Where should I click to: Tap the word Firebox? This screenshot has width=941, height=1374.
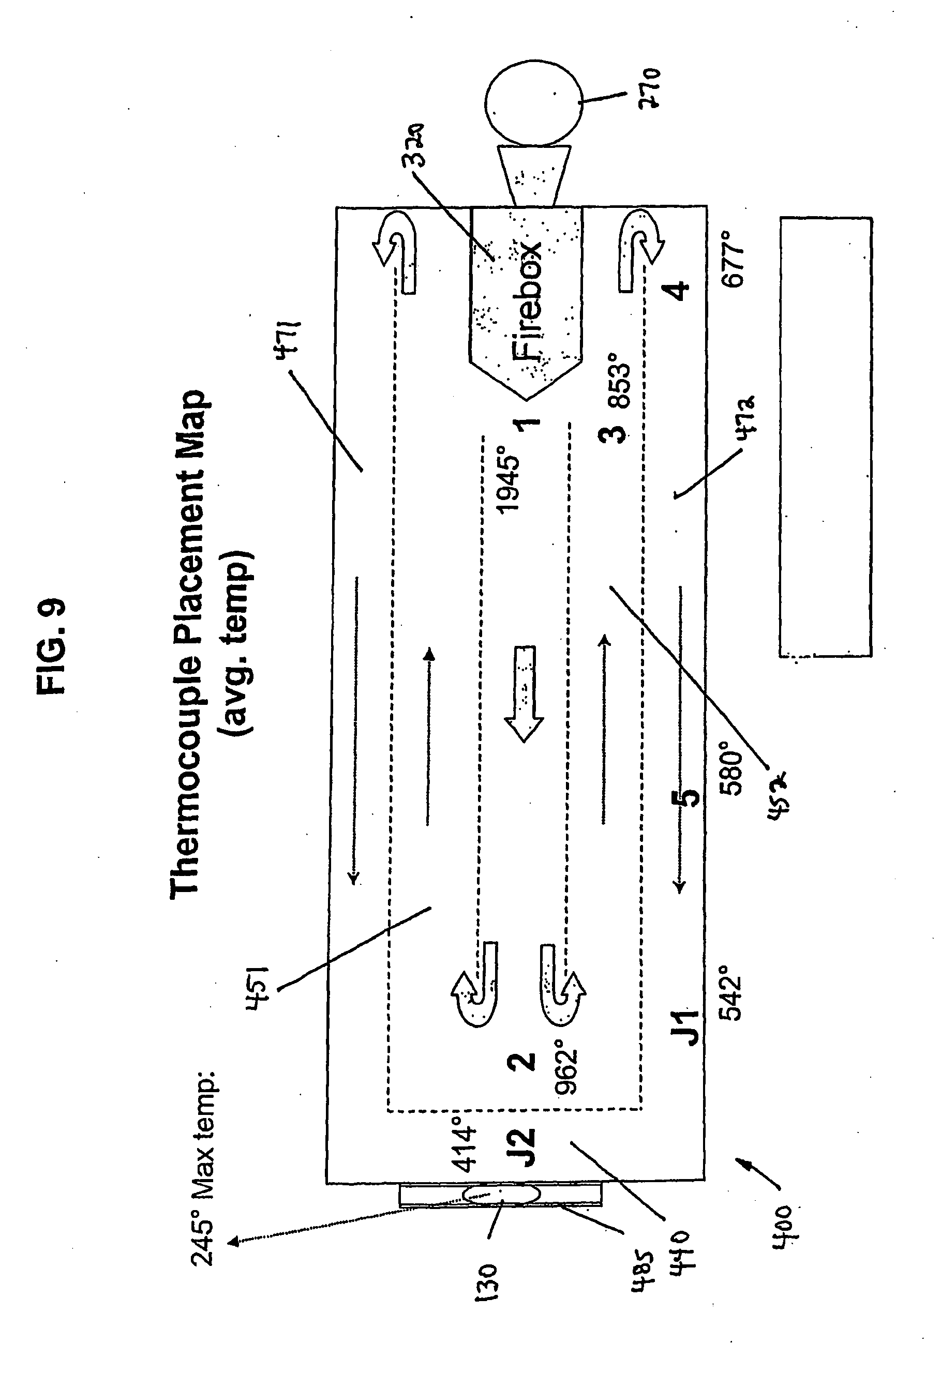pos(527,301)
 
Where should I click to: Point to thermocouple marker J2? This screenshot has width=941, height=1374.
pos(523,1147)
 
